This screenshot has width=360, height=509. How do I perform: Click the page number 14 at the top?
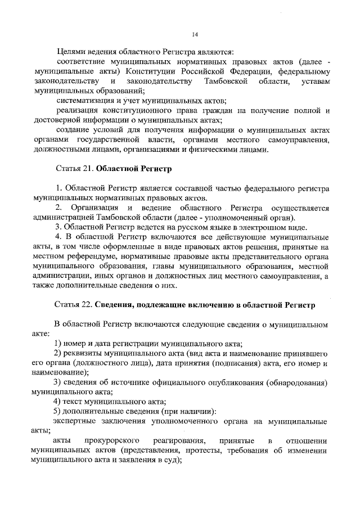[195, 35]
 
